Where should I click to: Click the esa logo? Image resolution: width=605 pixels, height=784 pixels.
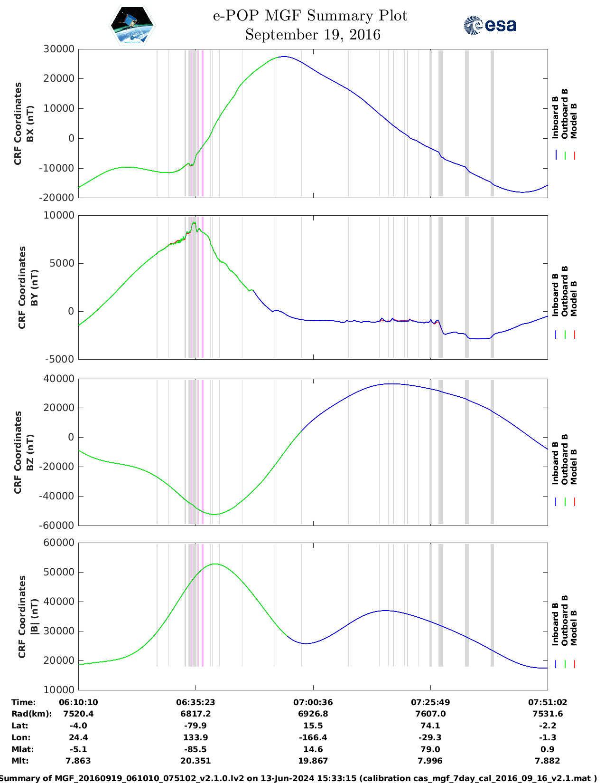click(490, 25)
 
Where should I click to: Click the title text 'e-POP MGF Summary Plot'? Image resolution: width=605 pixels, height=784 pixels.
click(310, 16)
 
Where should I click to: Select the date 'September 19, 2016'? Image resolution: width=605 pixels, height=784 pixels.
click(313, 35)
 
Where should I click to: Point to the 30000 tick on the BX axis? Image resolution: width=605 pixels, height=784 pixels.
click(59, 49)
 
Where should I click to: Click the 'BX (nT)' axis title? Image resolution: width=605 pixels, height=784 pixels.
click(30, 124)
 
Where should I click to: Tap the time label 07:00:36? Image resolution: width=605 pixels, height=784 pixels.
click(313, 702)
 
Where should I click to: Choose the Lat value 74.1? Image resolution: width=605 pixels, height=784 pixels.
click(430, 726)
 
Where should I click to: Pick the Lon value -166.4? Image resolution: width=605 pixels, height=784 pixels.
click(313, 737)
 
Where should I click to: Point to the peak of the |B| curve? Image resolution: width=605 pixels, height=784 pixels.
click(215, 564)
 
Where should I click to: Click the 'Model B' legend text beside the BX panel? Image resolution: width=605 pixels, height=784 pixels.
click(574, 121)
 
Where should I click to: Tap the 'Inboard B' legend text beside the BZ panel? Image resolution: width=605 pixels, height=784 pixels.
click(555, 463)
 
